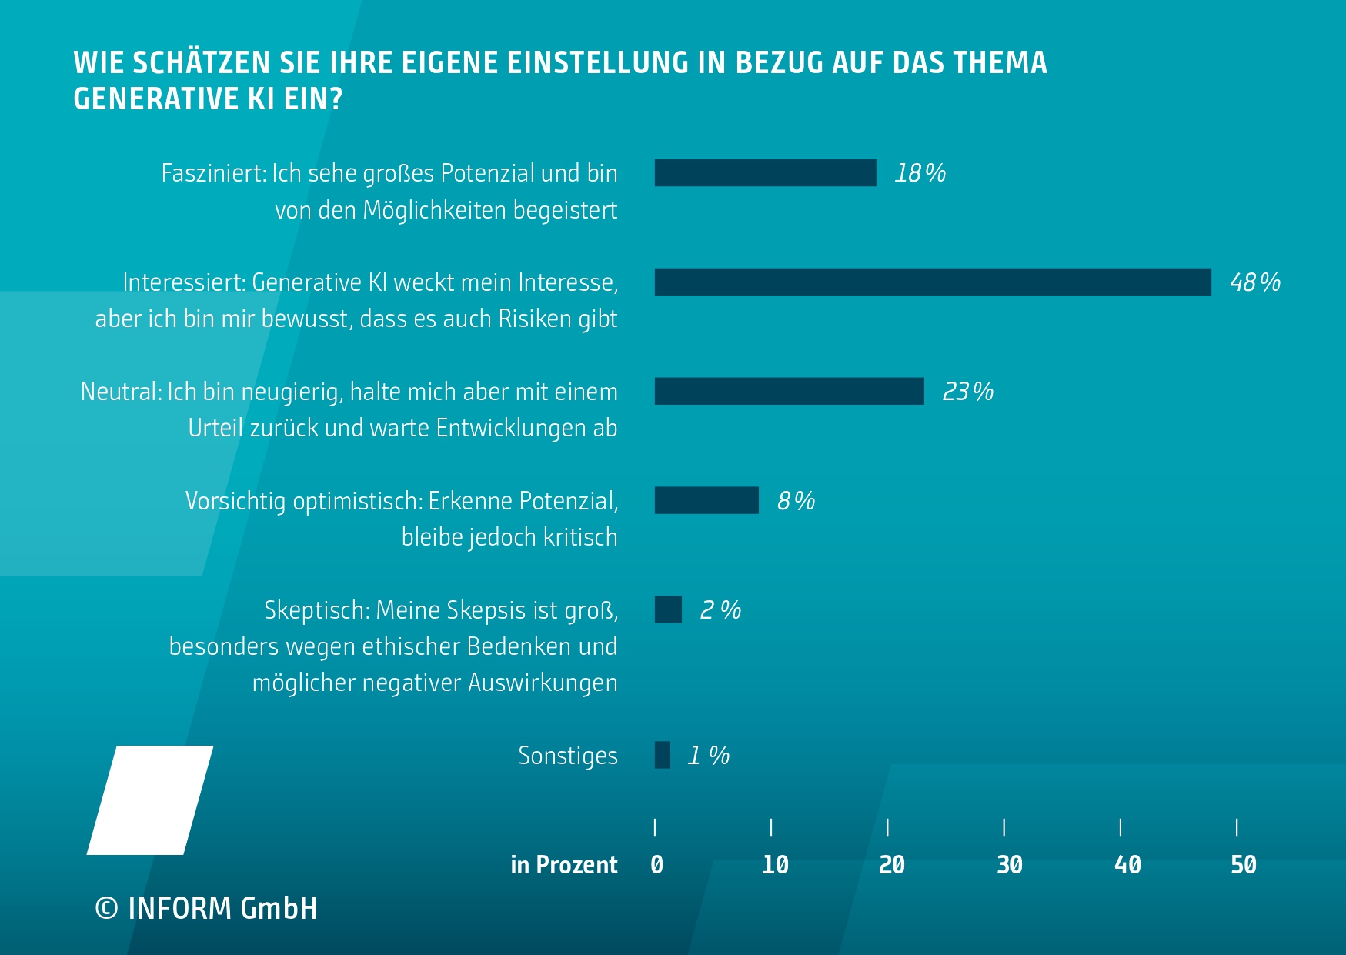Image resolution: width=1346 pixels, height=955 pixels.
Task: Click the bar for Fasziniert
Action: (765, 173)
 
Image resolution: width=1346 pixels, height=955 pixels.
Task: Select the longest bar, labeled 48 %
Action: (933, 282)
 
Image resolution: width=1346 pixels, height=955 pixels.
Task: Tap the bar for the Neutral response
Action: (789, 392)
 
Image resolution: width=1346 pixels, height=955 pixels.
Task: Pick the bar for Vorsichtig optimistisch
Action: (706, 501)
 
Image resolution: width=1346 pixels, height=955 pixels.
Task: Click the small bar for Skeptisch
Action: (668, 609)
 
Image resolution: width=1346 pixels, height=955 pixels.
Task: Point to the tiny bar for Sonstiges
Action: (662, 755)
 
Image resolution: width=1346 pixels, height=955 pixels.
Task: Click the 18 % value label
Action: (920, 173)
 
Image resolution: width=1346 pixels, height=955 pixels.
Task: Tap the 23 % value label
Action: (967, 392)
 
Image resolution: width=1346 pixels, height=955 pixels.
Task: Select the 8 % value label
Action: (796, 501)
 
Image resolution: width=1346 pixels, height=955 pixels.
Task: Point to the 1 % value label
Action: (708, 756)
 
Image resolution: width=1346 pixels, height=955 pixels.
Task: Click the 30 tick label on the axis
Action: (1009, 865)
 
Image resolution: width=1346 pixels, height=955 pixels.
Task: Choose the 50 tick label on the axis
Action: (1243, 865)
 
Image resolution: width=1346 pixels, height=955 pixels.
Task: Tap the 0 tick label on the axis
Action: (656, 865)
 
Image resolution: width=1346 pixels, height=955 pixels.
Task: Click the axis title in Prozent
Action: (563, 865)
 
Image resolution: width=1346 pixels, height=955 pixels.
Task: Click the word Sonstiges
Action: (568, 756)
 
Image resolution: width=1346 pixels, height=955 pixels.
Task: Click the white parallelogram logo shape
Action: (150, 800)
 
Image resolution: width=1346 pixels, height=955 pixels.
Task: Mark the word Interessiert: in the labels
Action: (184, 282)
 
